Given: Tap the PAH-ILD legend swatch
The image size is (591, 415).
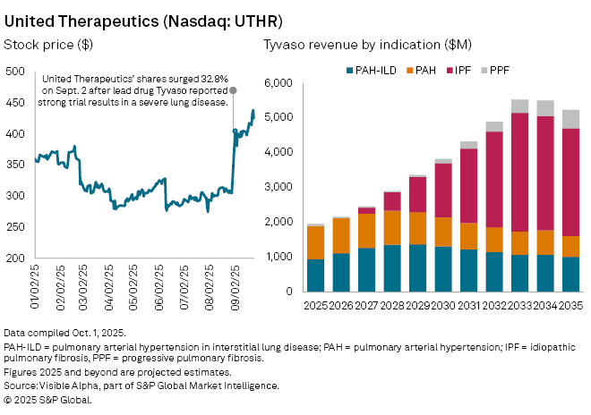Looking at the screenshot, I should pos(349,68).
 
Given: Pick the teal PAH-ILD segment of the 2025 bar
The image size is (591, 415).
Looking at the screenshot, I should pos(316,275).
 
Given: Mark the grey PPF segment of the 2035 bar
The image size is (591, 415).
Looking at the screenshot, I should pos(570,119).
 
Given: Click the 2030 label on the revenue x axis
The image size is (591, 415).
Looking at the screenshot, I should pos(443,305).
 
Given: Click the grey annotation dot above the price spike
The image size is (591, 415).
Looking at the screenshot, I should pos(234,90).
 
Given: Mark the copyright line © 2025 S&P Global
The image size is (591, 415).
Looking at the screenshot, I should pos(48,399).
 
